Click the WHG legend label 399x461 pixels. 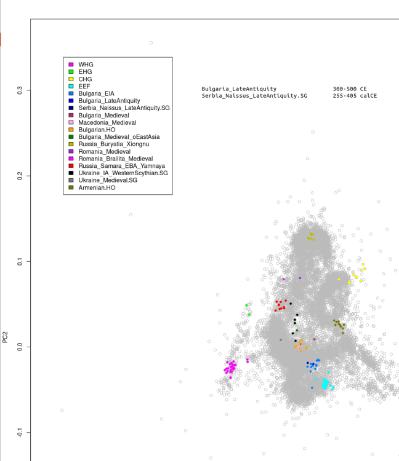(86, 65)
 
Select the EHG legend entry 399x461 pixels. (85, 72)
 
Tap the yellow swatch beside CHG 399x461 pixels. (71, 79)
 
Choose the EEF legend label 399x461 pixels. (84, 87)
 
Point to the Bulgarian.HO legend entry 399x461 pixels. (99, 130)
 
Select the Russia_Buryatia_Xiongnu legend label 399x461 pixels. (114, 144)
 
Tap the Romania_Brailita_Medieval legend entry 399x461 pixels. (116, 159)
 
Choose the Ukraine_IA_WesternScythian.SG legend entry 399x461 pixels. (123, 173)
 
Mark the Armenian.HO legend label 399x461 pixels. (97, 187)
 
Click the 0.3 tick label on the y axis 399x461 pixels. (20, 90)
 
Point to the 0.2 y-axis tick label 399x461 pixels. (20, 176)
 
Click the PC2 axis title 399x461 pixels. (6, 337)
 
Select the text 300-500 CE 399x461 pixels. (350, 89)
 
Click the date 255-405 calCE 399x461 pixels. (355, 96)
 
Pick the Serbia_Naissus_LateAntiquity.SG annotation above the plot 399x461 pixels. (254, 96)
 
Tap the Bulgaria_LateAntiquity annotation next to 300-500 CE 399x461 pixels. (239, 89)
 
